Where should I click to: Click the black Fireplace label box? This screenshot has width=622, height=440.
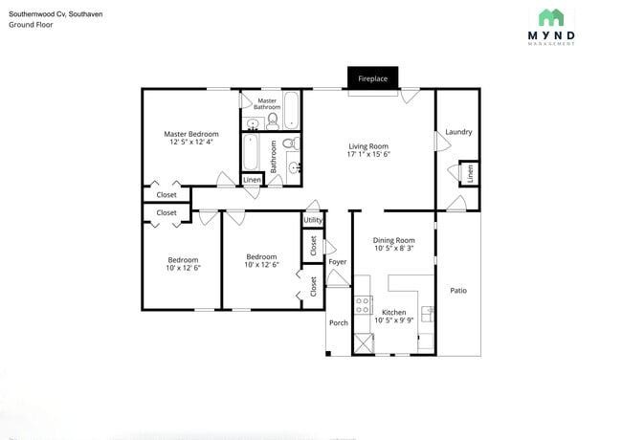(x=373, y=78)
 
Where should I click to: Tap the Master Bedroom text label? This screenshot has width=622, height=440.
(x=190, y=134)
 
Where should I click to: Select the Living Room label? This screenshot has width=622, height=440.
(x=367, y=146)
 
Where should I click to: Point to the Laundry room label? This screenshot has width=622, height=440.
(x=458, y=132)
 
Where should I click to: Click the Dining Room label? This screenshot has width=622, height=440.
(x=393, y=240)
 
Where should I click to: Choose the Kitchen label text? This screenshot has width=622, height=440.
(x=393, y=312)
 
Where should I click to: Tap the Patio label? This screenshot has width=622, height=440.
(x=458, y=290)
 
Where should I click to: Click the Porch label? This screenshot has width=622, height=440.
(x=339, y=322)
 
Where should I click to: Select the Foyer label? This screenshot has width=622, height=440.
(x=337, y=261)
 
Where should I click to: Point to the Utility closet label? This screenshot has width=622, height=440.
(x=313, y=220)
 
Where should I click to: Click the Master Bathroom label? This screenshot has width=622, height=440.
(x=267, y=103)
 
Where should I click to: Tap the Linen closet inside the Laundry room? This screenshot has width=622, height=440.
(x=470, y=173)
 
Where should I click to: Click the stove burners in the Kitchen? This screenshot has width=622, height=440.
(x=364, y=305)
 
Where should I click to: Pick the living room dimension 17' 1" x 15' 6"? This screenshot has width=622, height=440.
(x=367, y=154)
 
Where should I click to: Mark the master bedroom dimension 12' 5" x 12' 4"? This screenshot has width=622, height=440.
(x=190, y=143)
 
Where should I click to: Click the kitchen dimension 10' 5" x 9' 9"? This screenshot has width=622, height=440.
(x=393, y=320)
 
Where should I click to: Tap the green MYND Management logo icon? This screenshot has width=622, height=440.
(x=550, y=17)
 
